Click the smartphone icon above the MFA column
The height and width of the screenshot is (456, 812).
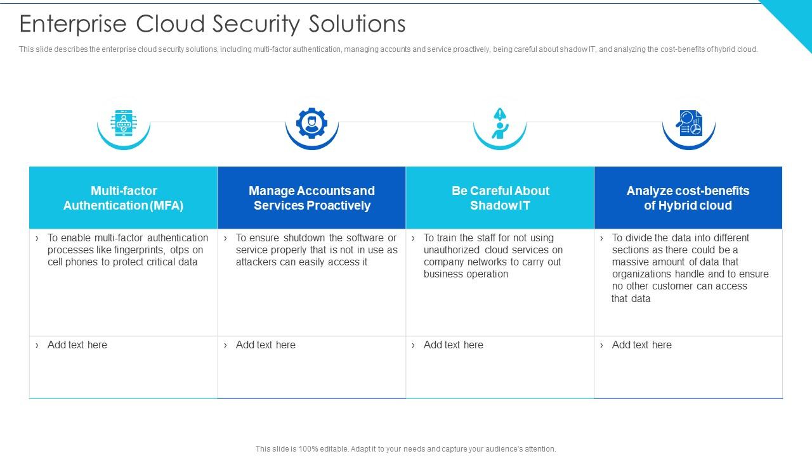coord(123,123)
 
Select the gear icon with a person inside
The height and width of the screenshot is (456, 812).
coord(311,123)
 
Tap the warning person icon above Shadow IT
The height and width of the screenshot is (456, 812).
coord(500,123)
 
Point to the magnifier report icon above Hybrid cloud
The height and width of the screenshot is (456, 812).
coord(688,123)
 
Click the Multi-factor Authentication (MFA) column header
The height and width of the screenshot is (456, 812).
coord(123,198)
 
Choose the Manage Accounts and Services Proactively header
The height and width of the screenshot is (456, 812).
coord(311,198)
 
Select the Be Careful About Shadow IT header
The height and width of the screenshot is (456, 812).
coord(500,198)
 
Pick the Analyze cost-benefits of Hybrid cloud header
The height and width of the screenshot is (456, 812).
coord(688,198)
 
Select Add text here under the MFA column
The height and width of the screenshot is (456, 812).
coord(77,345)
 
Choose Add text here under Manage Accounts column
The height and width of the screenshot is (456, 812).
coord(265,345)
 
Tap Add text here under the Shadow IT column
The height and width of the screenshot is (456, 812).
coord(453,345)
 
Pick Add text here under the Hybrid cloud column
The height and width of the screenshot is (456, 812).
coord(641,345)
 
